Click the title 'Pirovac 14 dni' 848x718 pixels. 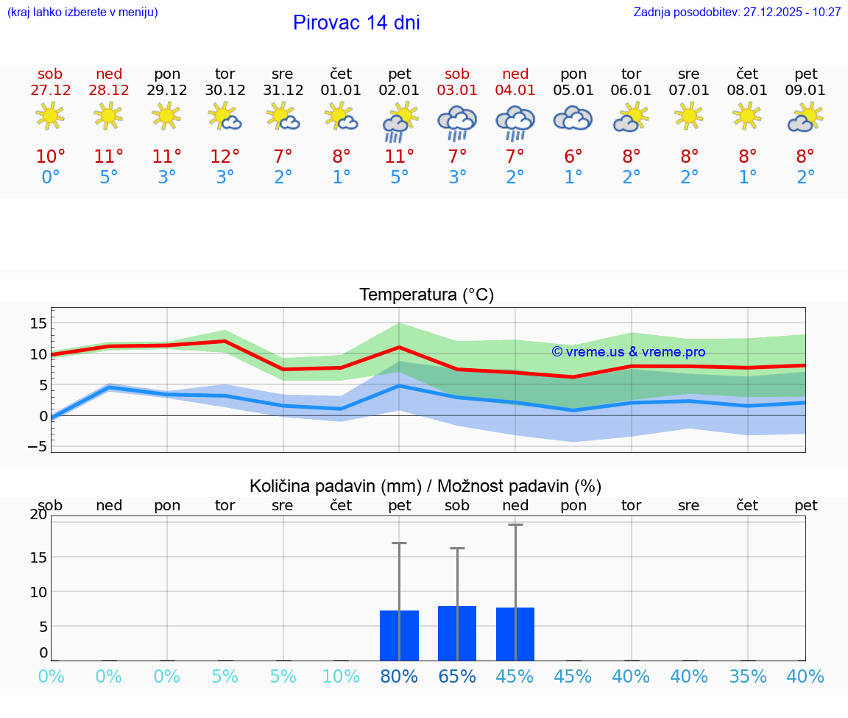(x=356, y=23)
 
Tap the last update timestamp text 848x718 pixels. (x=737, y=13)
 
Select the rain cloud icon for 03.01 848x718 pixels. (x=457, y=122)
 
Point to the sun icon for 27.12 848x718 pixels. (x=50, y=116)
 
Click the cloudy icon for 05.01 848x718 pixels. (x=573, y=119)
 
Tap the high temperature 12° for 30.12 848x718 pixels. (x=225, y=157)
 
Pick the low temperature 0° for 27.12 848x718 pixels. (x=50, y=177)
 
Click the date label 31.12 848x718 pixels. (x=283, y=91)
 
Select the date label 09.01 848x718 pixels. (x=805, y=91)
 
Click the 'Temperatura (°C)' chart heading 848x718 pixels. (x=426, y=295)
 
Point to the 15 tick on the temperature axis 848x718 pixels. (x=39, y=323)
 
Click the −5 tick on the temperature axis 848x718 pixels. (x=37, y=446)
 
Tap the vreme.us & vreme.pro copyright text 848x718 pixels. (x=628, y=352)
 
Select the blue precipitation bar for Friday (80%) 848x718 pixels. (x=399, y=636)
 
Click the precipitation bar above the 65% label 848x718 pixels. (x=457, y=633)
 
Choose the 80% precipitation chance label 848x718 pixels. (x=399, y=676)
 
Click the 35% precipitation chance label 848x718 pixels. (x=748, y=676)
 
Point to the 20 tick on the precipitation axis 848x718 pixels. (x=38, y=515)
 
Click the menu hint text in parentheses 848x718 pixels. (x=82, y=13)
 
